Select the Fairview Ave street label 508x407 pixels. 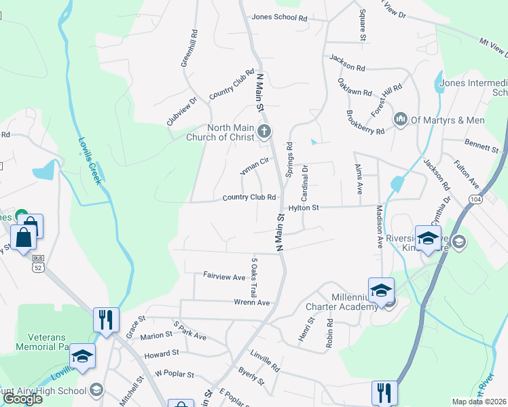pos(224,277)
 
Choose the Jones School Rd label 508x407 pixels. pos(279,18)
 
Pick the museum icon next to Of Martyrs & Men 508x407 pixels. pos(401,120)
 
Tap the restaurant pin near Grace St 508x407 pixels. pos(105,319)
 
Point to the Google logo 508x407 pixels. pos(22,399)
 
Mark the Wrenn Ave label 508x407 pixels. pos(251,303)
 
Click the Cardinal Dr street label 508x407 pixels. pos(306,178)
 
